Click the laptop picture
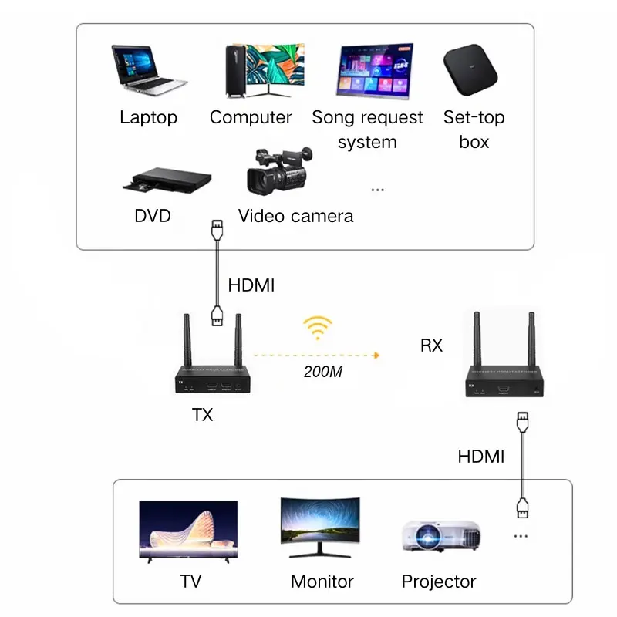[148, 71]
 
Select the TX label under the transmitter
[202, 415]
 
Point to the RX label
[431, 346]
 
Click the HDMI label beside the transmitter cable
[251, 285]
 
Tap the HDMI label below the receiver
[480, 456]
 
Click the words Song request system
[367, 130]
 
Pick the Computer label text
[251, 117]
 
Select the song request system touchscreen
[372, 72]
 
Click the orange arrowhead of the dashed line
[377, 356]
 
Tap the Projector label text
[439, 582]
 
